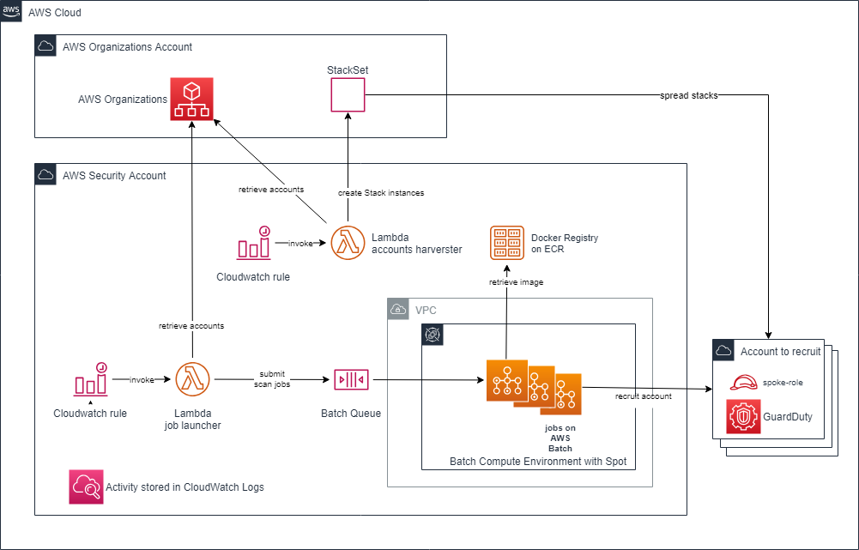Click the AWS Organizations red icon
pyautogui.click(x=191, y=99)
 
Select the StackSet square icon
pyautogui.click(x=348, y=94)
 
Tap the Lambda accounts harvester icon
pyautogui.click(x=348, y=242)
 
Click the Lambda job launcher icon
pyautogui.click(x=192, y=378)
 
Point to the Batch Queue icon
pyautogui.click(x=351, y=378)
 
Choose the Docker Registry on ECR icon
pyautogui.click(x=506, y=243)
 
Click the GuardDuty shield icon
pyautogui.click(x=742, y=416)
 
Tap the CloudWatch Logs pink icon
pyautogui.click(x=86, y=487)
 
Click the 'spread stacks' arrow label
pyautogui.click(x=688, y=95)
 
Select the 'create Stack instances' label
pyautogui.click(x=380, y=193)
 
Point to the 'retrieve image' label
pyautogui.click(x=516, y=281)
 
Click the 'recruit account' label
pyautogui.click(x=644, y=396)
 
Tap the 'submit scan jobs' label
pyautogui.click(x=273, y=379)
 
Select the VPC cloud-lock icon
pyautogui.click(x=398, y=309)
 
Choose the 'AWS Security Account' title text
pyautogui.click(x=114, y=175)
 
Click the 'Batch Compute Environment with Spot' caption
pyautogui.click(x=538, y=462)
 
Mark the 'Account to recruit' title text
pyautogui.click(x=781, y=351)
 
